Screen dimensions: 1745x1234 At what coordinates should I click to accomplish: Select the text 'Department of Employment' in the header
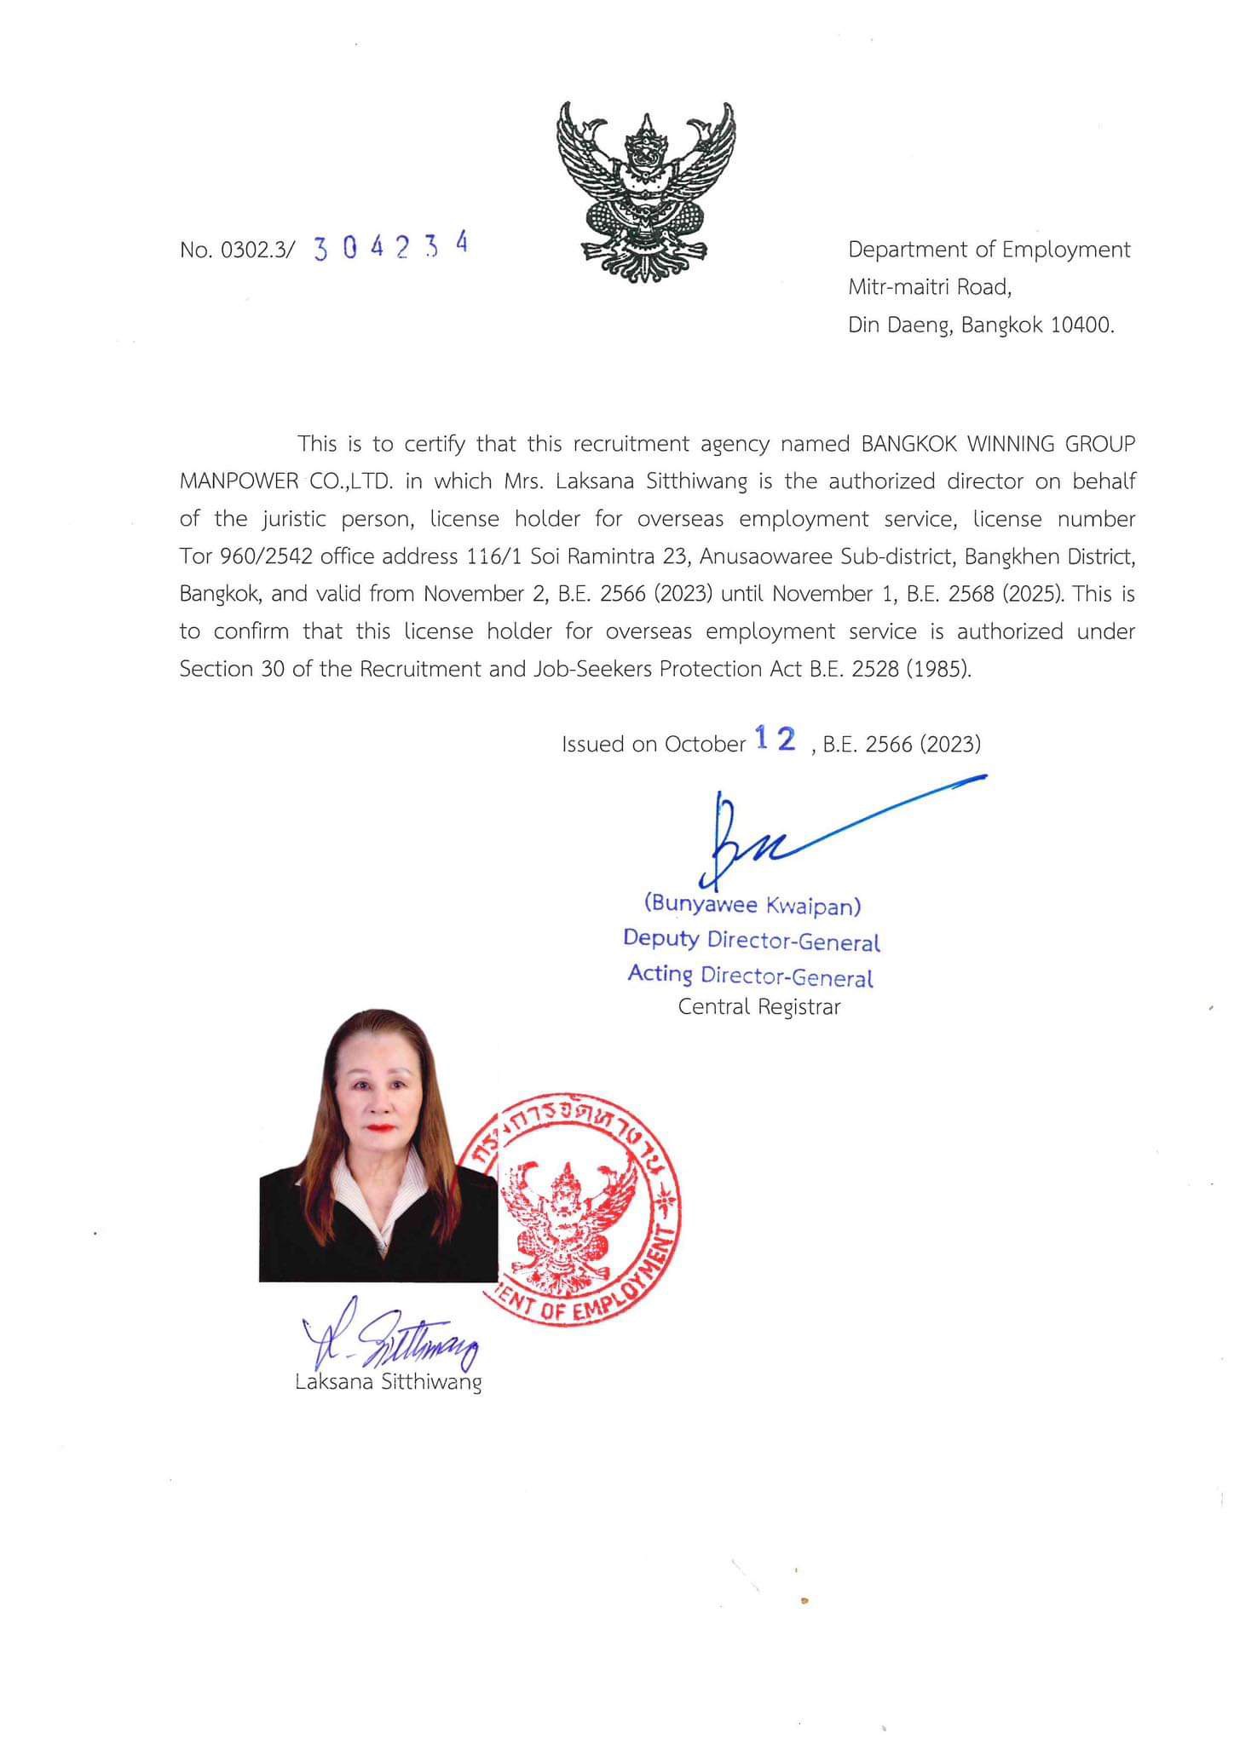[x=989, y=250]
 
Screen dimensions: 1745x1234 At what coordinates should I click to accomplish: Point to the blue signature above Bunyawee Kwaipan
[x=767, y=835]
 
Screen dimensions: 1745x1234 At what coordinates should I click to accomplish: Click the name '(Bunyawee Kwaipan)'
[x=752, y=904]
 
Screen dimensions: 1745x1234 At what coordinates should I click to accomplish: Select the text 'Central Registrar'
[x=758, y=1006]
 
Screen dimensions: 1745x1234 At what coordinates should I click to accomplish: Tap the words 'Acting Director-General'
[x=750, y=975]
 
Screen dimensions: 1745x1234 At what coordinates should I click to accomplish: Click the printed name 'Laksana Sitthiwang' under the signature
[x=388, y=1381]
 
